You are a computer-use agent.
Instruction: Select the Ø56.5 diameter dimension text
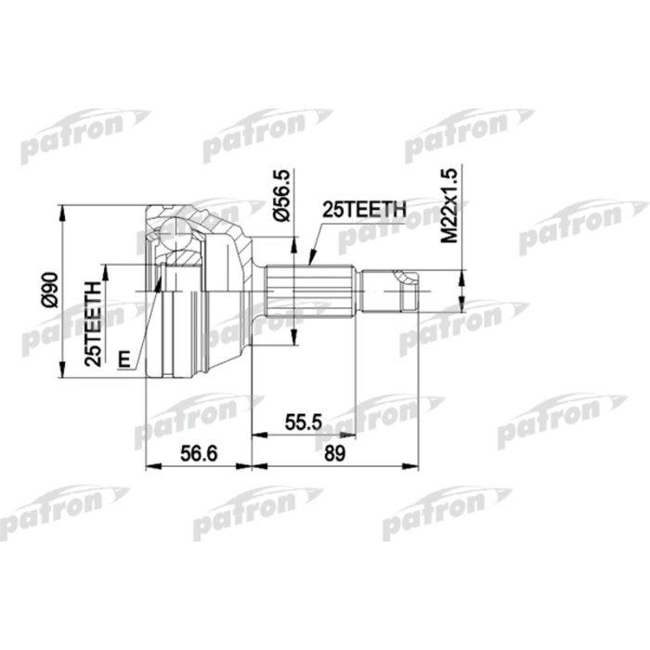tap(283, 194)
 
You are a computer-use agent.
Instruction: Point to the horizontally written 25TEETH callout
tap(363, 211)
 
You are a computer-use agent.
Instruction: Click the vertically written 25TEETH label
tap(92, 324)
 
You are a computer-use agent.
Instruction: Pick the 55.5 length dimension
tap(303, 422)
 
